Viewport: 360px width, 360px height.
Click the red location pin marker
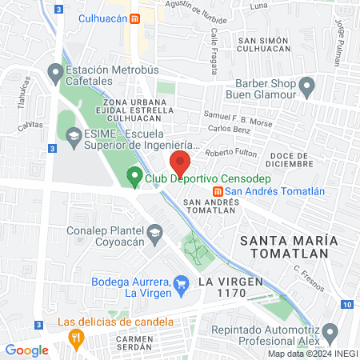pos(180,163)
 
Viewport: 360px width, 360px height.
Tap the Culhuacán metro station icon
pos(135,18)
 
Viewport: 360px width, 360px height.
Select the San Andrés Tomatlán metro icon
pos(217,190)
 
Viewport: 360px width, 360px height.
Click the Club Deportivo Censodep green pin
pos(134,176)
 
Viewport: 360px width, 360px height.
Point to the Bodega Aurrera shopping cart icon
pos(182,282)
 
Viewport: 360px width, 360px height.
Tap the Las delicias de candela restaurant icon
pos(75,337)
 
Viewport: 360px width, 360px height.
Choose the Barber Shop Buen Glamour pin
pos(306,85)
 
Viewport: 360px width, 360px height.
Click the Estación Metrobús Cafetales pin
pos(55,74)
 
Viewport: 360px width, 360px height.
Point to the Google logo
pos(26,350)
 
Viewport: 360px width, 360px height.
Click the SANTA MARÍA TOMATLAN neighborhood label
pos(284,246)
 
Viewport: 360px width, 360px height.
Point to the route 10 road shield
pos(346,304)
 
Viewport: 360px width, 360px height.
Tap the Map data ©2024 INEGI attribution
pos(312,354)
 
